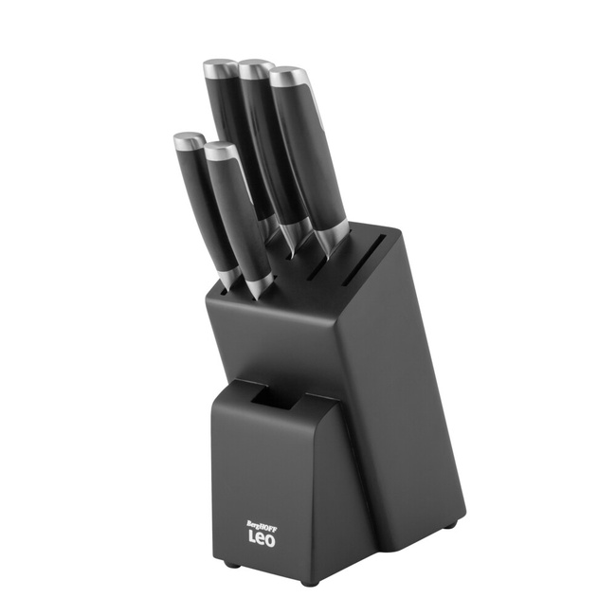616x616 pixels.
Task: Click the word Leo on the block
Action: pyautogui.click(x=263, y=536)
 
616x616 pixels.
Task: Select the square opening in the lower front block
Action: pyautogui.click(x=276, y=398)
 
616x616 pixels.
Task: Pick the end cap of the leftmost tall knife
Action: pyautogui.click(x=220, y=68)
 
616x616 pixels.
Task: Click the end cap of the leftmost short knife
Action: pyautogui.click(x=189, y=141)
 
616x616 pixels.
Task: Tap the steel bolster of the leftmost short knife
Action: pyautogui.click(x=229, y=277)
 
